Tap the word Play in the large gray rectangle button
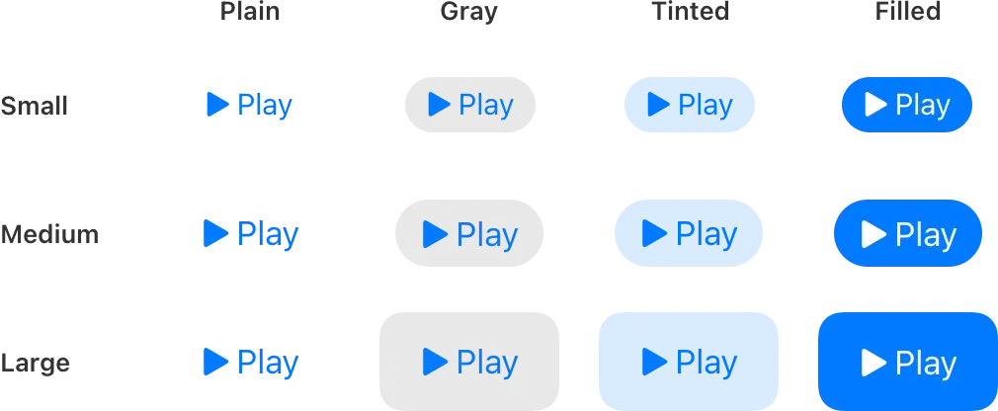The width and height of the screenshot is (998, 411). pos(487,362)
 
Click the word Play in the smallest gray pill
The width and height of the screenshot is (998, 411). pos(486,104)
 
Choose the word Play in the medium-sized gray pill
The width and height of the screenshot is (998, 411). pos(487,234)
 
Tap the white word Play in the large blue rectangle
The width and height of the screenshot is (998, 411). pos(925,363)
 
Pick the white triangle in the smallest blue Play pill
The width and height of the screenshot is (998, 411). pos(875,104)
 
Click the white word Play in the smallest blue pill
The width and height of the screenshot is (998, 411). pos(922,104)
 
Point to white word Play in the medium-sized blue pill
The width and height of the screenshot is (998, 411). pos(925,234)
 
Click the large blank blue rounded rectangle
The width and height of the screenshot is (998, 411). pos(689,361)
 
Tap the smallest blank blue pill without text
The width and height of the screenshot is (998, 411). pos(690,104)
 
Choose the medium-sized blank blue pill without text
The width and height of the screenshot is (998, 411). pos(689,233)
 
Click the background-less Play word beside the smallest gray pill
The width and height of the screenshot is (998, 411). pos(265,104)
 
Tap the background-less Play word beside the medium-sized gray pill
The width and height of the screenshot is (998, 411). pos(267,234)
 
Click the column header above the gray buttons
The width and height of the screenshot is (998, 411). pos(466,12)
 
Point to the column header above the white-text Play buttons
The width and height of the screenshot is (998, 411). pos(904,12)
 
